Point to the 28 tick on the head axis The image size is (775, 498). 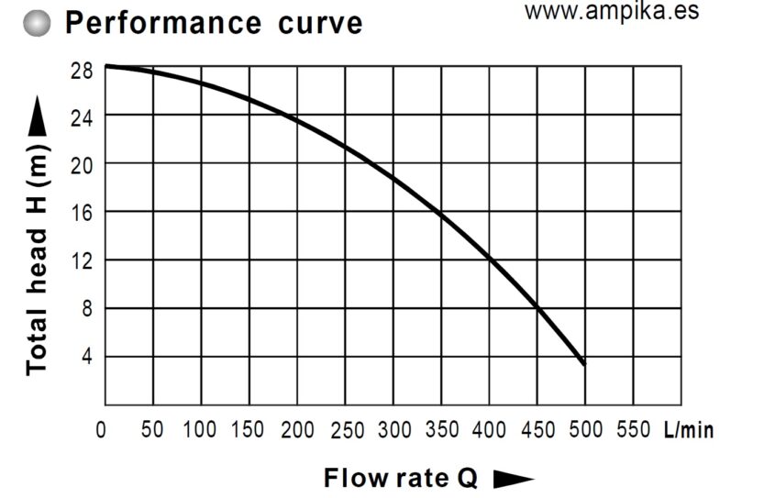point(81,69)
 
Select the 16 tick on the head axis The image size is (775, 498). point(81,213)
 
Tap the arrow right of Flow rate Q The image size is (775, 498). point(513,479)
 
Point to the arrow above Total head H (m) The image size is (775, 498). point(37,118)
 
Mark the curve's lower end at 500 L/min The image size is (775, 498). point(583,364)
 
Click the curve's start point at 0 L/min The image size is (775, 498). point(105,66)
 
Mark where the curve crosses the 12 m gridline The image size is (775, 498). point(491,260)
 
